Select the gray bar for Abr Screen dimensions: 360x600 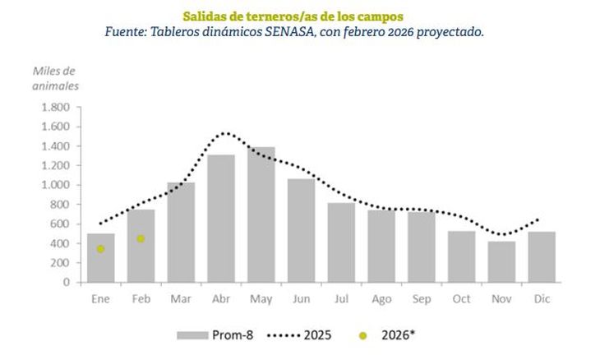coord(221,218)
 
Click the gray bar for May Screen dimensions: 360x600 coord(261,215)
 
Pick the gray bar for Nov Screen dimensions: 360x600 coord(501,261)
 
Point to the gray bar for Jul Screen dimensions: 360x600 coord(341,242)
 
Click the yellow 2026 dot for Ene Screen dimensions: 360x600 coord(100,249)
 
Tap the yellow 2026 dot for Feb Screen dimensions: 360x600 coord(141,239)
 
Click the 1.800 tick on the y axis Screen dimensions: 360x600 coord(53,108)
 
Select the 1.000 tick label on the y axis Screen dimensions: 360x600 coord(53,185)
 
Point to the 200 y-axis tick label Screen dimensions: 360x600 coord(59,263)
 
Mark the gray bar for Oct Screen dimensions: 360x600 coord(461,256)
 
